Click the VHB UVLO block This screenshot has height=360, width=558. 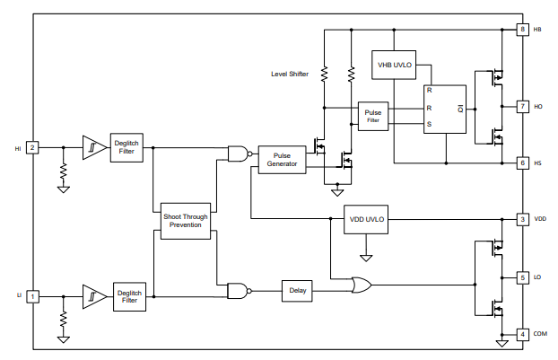393,65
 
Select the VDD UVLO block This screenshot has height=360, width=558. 365,219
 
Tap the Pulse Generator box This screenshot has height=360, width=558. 282,159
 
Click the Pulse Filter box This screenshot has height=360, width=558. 373,115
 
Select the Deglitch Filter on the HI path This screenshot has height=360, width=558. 126,147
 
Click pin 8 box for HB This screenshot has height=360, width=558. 522,30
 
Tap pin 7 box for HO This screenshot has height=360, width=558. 522,106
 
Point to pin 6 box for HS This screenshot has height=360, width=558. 522,162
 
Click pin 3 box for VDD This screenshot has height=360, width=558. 522,219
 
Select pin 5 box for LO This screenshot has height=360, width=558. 522,277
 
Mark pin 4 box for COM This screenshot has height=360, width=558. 522,334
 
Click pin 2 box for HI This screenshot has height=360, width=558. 32,147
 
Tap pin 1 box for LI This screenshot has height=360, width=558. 32,295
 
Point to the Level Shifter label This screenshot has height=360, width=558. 289,74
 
